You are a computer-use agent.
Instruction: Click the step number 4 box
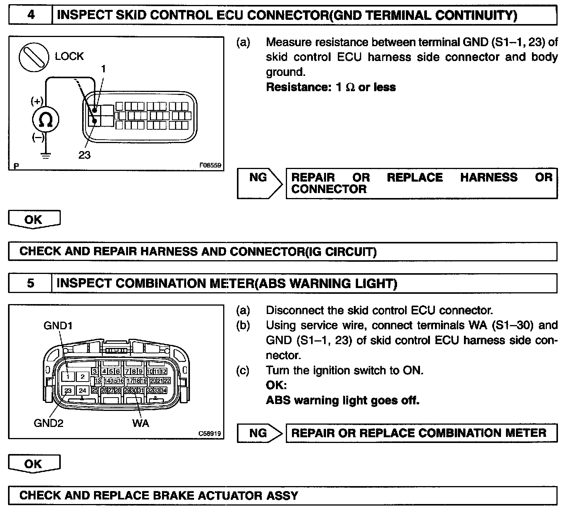coord(31,16)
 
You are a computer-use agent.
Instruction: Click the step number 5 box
coord(31,283)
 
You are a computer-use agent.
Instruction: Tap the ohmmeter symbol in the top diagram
coord(45,120)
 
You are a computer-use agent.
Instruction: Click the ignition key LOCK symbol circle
coord(34,57)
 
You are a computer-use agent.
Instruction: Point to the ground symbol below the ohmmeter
coord(45,155)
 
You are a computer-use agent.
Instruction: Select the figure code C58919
coord(209,434)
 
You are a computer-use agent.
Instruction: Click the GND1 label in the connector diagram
coord(58,325)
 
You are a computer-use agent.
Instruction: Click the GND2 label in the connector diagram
coord(49,423)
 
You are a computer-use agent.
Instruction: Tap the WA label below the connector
coord(141,423)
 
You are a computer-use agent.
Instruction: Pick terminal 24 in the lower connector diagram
coord(83,391)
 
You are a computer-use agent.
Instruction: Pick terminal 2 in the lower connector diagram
coord(83,377)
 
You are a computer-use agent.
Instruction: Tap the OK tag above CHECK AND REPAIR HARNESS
coord(34,219)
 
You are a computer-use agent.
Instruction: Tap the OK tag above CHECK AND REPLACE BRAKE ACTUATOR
coord(34,464)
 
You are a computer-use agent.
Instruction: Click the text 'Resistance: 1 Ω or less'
coord(331,87)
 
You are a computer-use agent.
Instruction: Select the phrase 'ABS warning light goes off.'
coord(342,400)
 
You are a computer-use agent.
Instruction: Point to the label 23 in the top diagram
coord(84,155)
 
